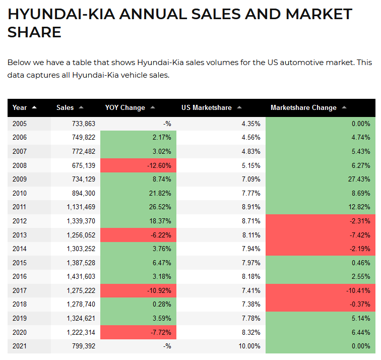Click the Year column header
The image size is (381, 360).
[20, 107]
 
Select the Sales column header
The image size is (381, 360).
[65, 107]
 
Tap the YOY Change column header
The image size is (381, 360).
[125, 107]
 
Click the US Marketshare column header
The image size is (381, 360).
[207, 107]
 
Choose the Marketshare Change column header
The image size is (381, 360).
[303, 107]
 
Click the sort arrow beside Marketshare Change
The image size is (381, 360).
[344, 107]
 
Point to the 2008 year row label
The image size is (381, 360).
[20, 165]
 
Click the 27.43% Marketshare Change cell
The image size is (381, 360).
[359, 179]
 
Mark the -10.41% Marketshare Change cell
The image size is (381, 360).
[357, 290]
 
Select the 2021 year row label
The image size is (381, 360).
[20, 346]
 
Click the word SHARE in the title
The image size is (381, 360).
[34, 33]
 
